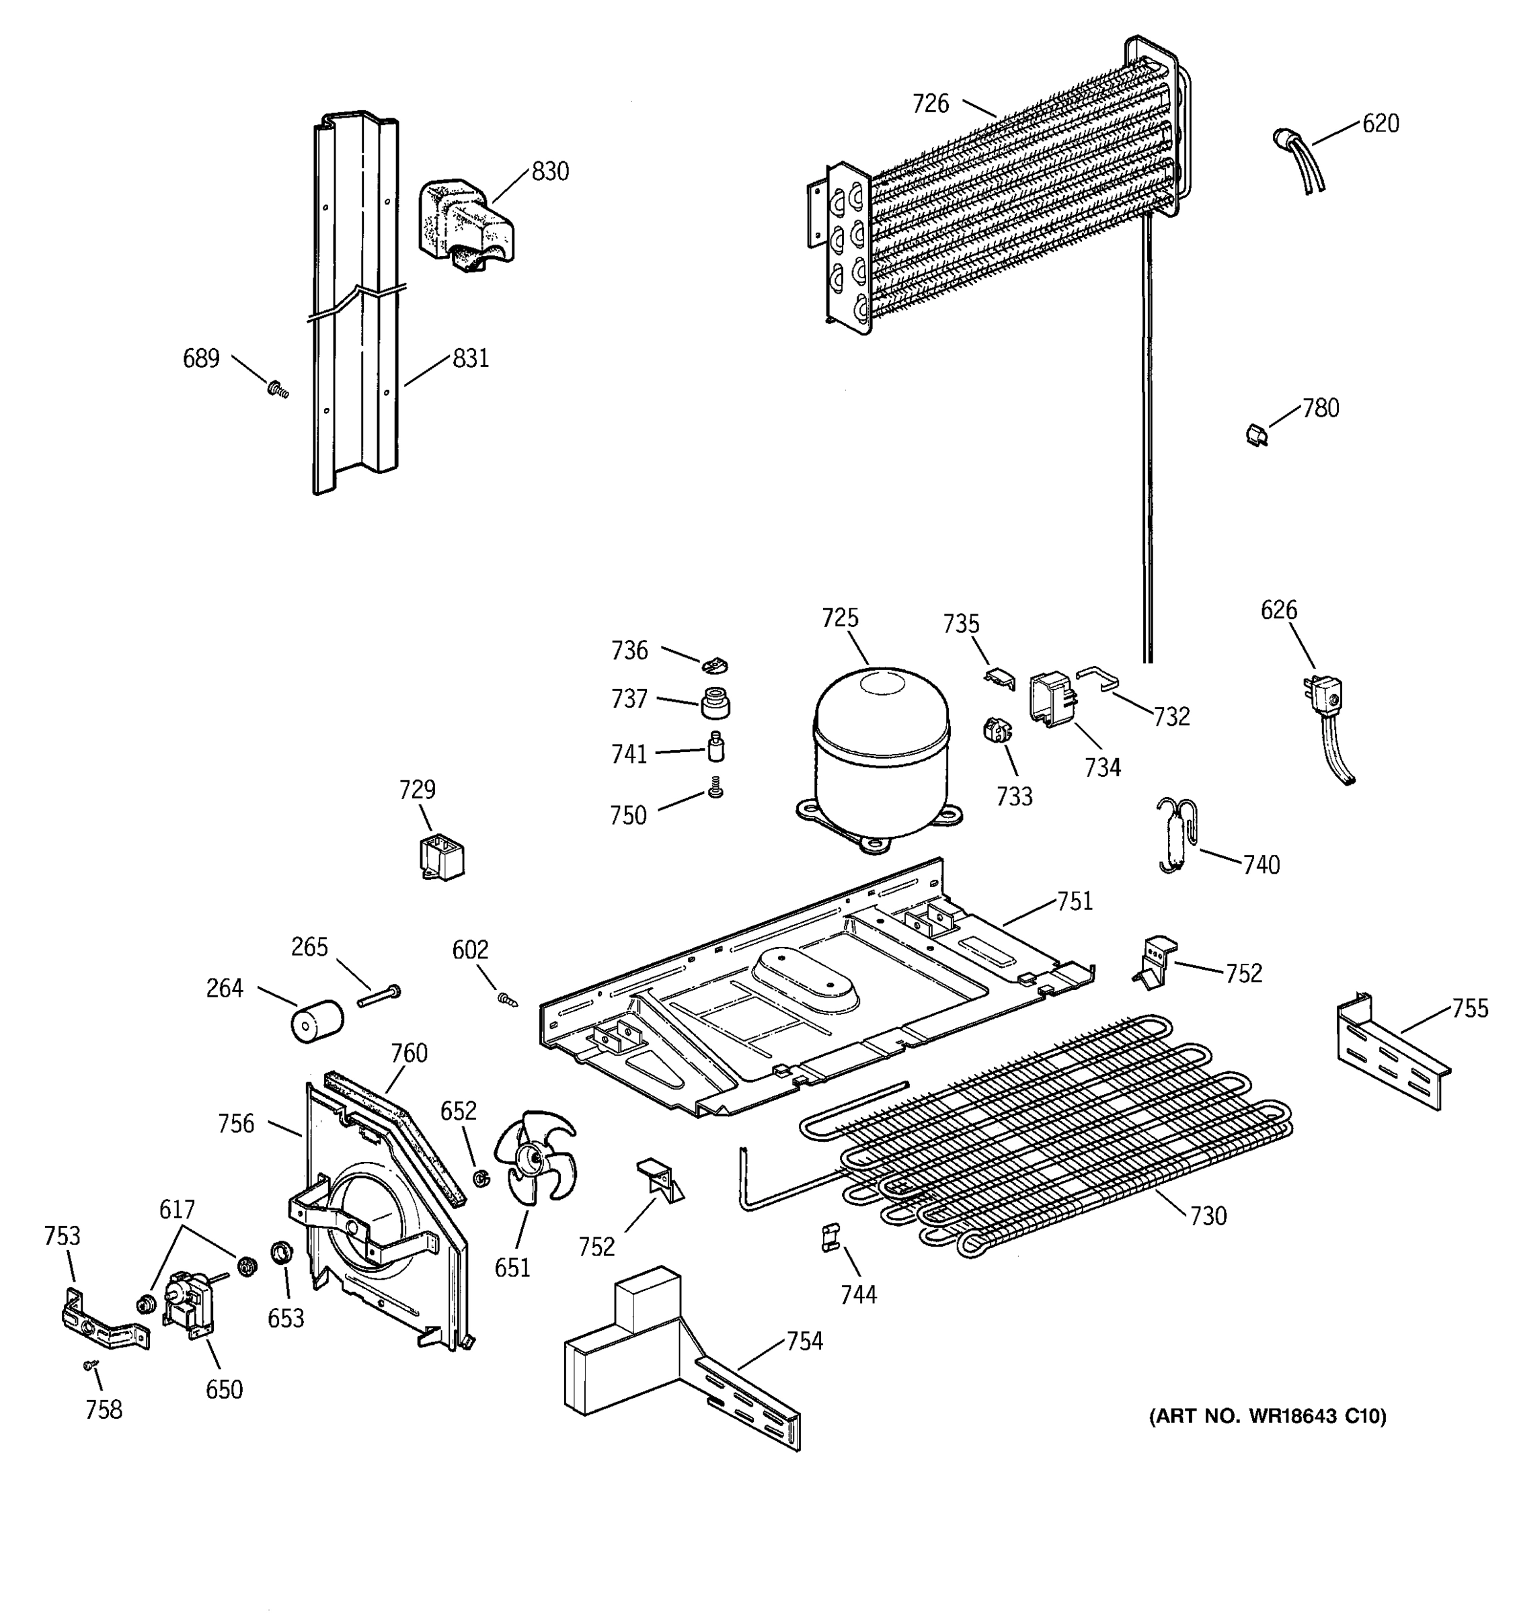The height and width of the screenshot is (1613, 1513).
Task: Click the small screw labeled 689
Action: (278, 390)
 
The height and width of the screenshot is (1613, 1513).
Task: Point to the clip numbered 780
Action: (1257, 435)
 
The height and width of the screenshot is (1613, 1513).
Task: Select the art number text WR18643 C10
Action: (1267, 1416)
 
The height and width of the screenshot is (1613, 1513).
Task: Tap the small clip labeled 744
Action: (830, 1237)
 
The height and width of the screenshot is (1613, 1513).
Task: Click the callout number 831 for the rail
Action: (470, 358)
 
